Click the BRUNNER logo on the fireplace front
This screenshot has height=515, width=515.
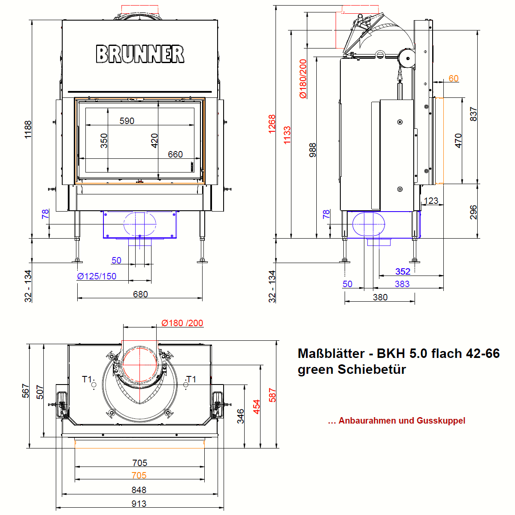tap(140, 54)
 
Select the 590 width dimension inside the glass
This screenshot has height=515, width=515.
tap(127, 121)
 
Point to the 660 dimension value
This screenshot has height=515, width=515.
tap(175, 154)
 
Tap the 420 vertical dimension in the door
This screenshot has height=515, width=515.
tap(154, 141)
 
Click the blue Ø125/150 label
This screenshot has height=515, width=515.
tap(97, 276)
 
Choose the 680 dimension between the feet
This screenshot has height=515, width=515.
tap(140, 294)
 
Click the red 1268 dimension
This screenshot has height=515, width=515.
tap(272, 124)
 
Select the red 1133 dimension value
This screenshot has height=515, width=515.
tap(287, 135)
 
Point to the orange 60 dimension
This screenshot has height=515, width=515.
tap(454, 79)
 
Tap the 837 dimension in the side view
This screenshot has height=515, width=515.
tap(473, 114)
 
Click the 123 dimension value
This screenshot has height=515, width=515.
tap(431, 201)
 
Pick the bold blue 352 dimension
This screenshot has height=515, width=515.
tap(403, 272)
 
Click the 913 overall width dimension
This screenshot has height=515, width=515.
tap(139, 504)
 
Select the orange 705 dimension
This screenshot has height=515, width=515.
tap(139, 476)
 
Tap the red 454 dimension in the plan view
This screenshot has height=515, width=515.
tap(257, 407)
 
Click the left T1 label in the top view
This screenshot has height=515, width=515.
tap(87, 379)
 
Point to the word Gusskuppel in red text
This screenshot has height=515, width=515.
tap(441, 421)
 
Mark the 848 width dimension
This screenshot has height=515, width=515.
tap(139, 490)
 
